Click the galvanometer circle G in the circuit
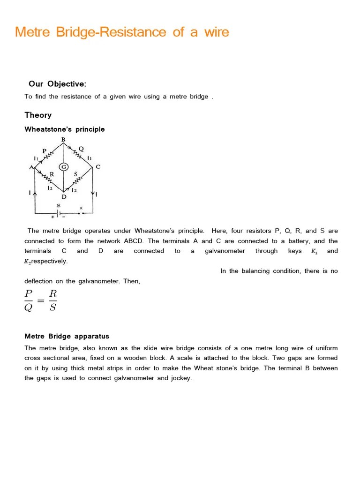click(64, 167)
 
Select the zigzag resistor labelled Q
click(78, 155)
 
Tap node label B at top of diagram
click(63, 140)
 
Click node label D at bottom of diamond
click(64, 197)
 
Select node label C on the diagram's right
click(97, 167)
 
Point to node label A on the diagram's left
click(31, 167)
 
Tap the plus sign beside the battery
click(52, 217)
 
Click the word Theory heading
click(38, 115)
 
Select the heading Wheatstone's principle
click(65, 129)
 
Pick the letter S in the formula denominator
click(52, 307)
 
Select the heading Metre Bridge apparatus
click(67, 336)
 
